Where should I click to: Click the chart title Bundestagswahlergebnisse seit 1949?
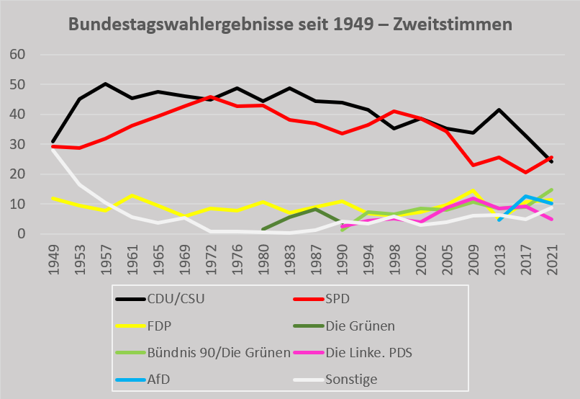coord(290,24)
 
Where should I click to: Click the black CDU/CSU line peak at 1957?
coord(105,84)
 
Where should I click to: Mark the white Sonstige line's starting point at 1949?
coord(53,149)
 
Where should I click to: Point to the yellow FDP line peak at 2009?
coord(473,190)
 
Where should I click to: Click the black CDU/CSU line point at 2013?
coord(499,109)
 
